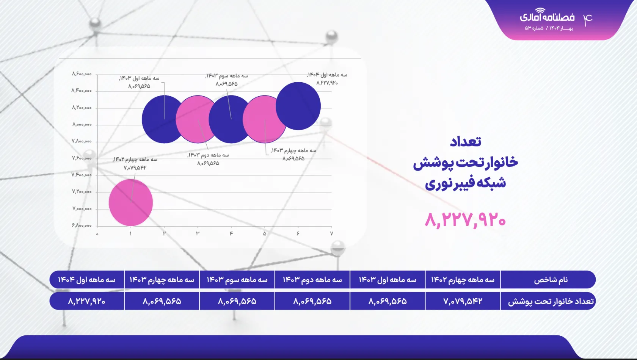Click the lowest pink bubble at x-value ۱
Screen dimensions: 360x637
click(131, 203)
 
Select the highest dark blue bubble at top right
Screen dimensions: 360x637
click(298, 106)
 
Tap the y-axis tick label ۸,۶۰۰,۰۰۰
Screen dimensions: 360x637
click(82, 74)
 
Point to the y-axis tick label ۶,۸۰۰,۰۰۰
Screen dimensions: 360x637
click(82, 225)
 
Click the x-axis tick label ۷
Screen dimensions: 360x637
click(331, 234)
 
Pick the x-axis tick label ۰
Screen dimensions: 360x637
click(97, 234)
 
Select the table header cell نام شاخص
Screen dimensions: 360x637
click(551, 280)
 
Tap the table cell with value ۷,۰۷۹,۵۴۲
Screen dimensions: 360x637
click(463, 301)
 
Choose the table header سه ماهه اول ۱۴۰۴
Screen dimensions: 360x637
click(86, 280)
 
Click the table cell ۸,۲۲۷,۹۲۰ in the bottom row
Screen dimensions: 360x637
click(86, 301)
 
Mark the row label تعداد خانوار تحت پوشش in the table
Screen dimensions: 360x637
click(551, 301)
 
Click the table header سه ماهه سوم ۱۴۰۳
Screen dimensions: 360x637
click(237, 280)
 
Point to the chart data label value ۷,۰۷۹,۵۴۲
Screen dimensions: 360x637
click(135, 167)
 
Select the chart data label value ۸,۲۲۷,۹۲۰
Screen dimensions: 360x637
click(327, 83)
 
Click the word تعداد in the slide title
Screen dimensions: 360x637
click(466, 142)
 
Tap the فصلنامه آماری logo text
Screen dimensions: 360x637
click(547, 17)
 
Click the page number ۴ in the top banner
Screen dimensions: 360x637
click(588, 19)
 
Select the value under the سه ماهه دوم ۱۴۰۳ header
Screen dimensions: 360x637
click(312, 301)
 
